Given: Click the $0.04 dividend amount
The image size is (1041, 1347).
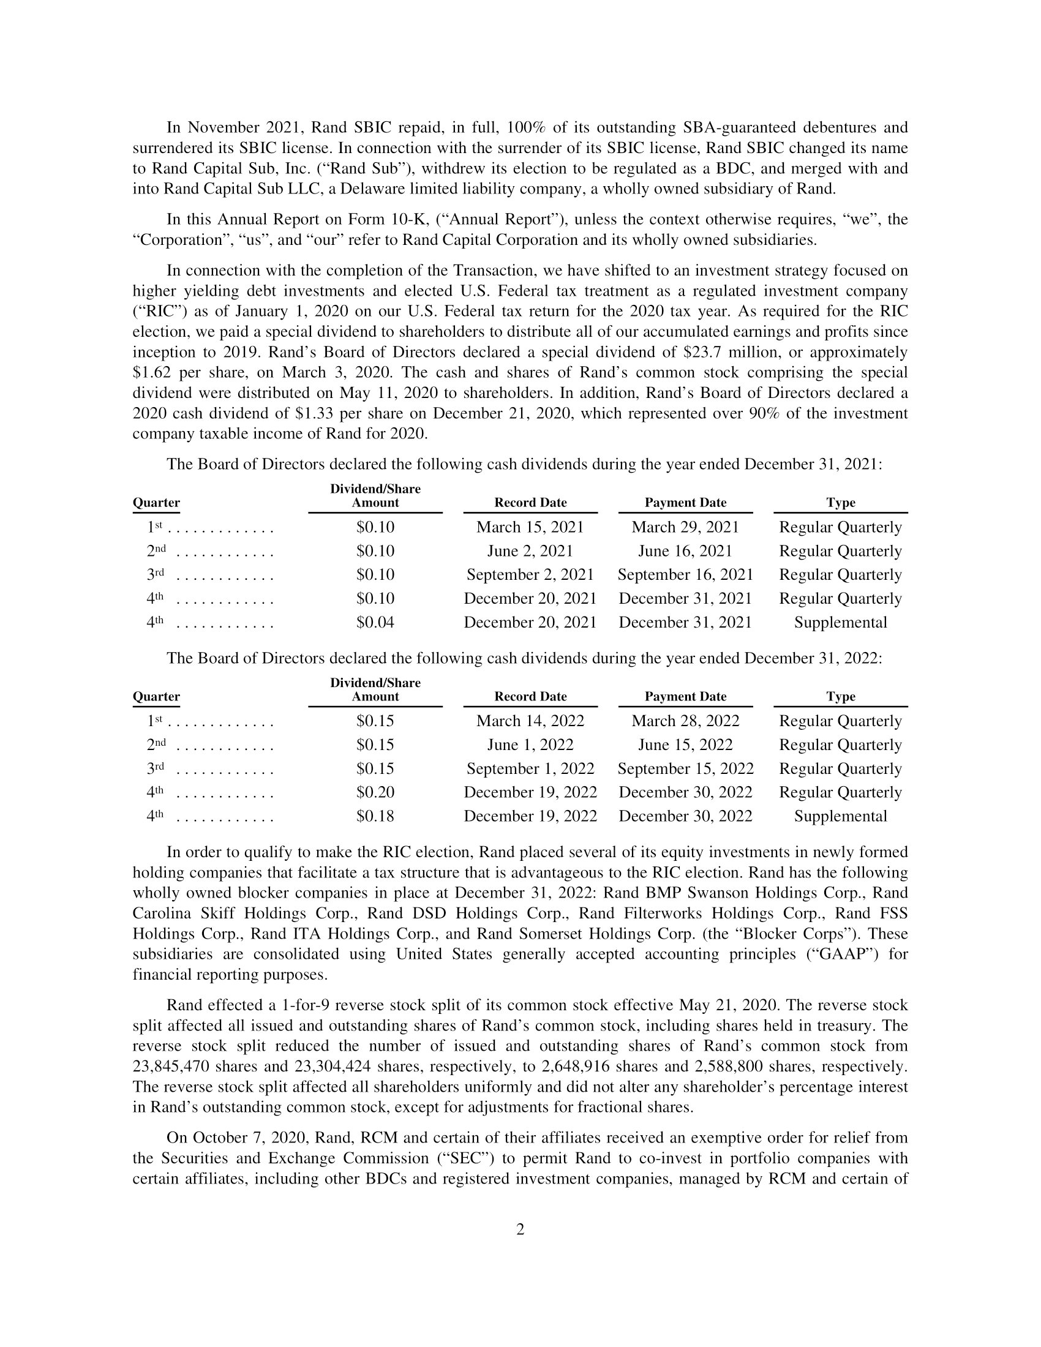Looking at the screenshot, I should click(x=375, y=622).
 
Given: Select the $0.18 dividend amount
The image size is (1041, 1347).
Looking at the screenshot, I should click(x=375, y=816).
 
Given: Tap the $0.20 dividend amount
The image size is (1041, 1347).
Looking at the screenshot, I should click(x=375, y=792).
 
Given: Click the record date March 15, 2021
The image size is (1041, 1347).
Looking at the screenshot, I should click(x=530, y=527).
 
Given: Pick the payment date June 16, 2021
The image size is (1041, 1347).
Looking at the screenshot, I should click(x=685, y=551).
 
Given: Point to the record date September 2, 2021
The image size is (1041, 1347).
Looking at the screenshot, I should click(x=530, y=575).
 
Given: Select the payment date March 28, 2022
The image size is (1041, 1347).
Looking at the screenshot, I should click(x=685, y=721).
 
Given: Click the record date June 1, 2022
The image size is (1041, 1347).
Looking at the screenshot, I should click(x=530, y=745).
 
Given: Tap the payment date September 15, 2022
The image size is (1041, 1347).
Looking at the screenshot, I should click(x=685, y=768).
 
